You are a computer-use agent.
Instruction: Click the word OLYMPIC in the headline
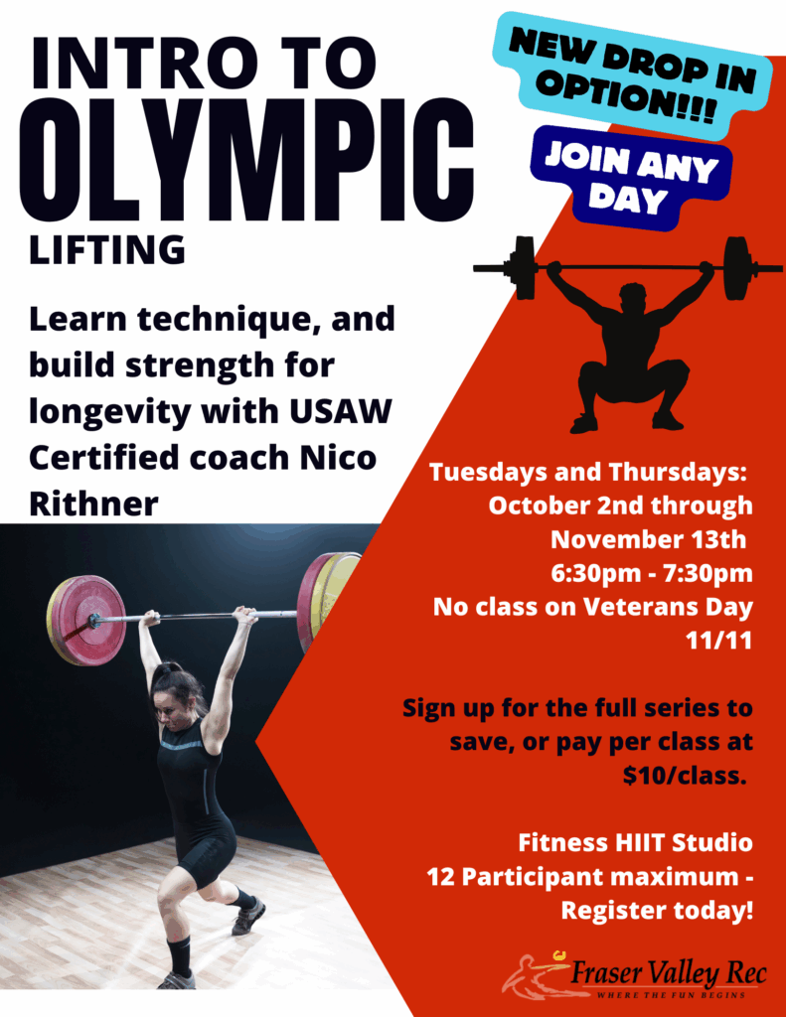pyautogui.click(x=247, y=160)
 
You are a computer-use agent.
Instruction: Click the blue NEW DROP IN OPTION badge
pyautogui.click(x=632, y=75)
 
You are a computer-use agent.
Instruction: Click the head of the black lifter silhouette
pyautogui.click(x=630, y=300)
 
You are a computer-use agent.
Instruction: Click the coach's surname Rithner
pyautogui.click(x=93, y=504)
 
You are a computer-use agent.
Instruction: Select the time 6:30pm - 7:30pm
pyautogui.click(x=652, y=573)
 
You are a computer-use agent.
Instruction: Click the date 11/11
pyautogui.click(x=719, y=641)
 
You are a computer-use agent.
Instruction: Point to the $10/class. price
pyautogui.click(x=685, y=775)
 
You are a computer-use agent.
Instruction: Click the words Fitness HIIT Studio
pyautogui.click(x=635, y=842)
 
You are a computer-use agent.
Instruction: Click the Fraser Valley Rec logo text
pyautogui.click(x=669, y=973)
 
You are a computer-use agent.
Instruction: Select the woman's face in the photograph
pyautogui.click(x=165, y=711)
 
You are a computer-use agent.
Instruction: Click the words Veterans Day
pyautogui.click(x=668, y=607)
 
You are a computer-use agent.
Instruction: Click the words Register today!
pyautogui.click(x=657, y=911)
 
